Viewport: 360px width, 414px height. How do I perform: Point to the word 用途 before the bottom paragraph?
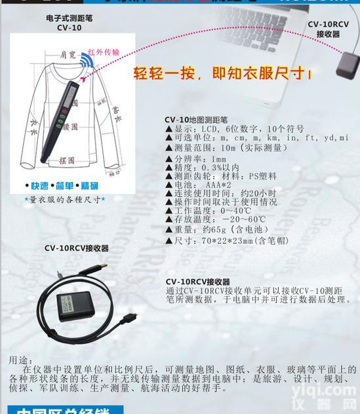click(20, 360)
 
